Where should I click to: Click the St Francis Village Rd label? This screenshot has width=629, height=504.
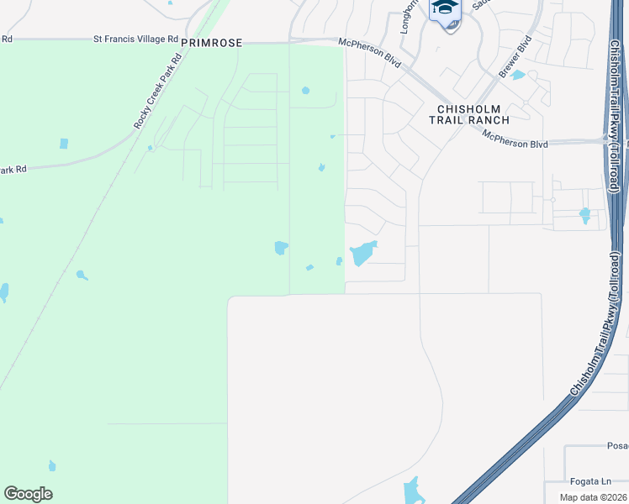point(135,39)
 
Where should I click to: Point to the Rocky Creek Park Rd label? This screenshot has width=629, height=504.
point(158,92)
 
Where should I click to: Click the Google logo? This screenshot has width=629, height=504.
point(28,494)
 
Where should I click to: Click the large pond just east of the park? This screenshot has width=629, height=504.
point(362,252)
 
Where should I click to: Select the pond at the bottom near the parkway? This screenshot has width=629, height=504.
point(413,491)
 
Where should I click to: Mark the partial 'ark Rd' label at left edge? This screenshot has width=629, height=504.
point(13,169)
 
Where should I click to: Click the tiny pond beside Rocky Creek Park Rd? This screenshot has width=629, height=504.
point(150,148)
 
